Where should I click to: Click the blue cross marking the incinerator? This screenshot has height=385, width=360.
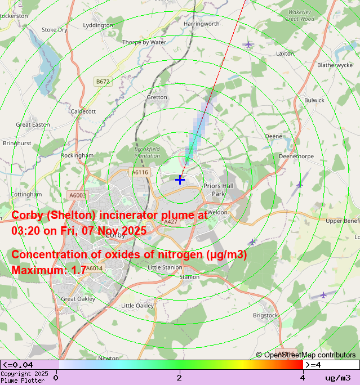pyautogui.click(x=180, y=180)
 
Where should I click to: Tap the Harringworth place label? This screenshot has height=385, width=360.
pyautogui.click(x=201, y=24)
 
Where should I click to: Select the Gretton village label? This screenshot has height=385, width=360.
pyautogui.click(x=157, y=97)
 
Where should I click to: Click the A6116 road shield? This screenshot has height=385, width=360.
pyautogui.click(x=139, y=172)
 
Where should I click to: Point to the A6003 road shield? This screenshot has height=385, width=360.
pyautogui.click(x=78, y=195)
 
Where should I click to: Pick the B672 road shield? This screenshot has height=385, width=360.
pyautogui.click(x=103, y=82)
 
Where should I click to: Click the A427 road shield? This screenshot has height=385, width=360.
pyautogui.click(x=170, y=222)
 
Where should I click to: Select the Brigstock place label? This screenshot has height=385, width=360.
pyautogui.click(x=265, y=316)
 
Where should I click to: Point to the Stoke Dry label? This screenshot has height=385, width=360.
pyautogui.click(x=54, y=30)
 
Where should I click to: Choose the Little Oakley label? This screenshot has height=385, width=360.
pyautogui.click(x=137, y=306)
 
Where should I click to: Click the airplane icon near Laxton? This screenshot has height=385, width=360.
pyautogui.click(x=248, y=44)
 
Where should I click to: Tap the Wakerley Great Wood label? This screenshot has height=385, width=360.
pyautogui.click(x=299, y=15)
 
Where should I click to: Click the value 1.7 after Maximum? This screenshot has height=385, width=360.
pyautogui.click(x=79, y=270)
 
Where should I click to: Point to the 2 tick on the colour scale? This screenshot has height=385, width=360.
pyautogui.click(x=179, y=377)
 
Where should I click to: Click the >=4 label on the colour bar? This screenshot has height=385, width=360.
pyautogui.click(x=314, y=365)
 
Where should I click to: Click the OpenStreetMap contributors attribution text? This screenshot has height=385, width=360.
pyautogui.click(x=306, y=355)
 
